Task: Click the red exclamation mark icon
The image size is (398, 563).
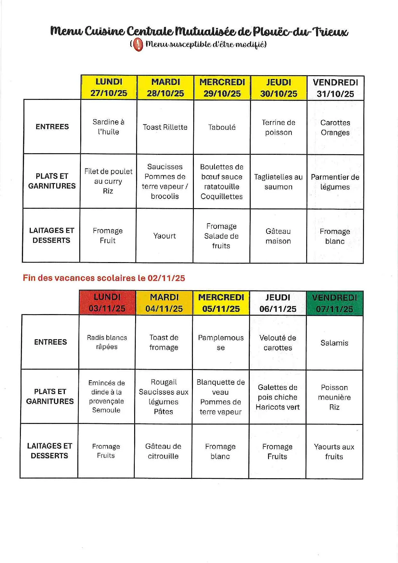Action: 138,44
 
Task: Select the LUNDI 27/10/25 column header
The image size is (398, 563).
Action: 109,87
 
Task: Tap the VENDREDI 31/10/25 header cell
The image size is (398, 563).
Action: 335,88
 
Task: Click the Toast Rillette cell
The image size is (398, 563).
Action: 165,127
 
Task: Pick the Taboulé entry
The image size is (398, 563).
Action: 222,127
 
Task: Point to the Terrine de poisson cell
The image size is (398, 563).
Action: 279,128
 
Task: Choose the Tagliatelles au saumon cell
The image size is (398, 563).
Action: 278,182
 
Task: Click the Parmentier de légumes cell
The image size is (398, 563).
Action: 335,182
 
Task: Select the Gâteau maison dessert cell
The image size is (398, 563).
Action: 278,236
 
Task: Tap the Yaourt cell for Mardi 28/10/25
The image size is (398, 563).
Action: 165,236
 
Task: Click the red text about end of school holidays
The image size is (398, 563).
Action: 104,278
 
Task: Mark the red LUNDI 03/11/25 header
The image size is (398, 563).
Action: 107,303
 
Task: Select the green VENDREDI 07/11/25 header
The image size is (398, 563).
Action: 334,303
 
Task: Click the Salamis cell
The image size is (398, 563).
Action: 334,343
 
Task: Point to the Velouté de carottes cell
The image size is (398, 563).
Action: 278,343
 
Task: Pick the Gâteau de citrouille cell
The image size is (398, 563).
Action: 163,451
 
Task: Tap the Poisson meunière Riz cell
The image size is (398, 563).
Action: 334,397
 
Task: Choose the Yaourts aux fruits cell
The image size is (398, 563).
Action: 334,452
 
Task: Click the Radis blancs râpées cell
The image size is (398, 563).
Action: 107,342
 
